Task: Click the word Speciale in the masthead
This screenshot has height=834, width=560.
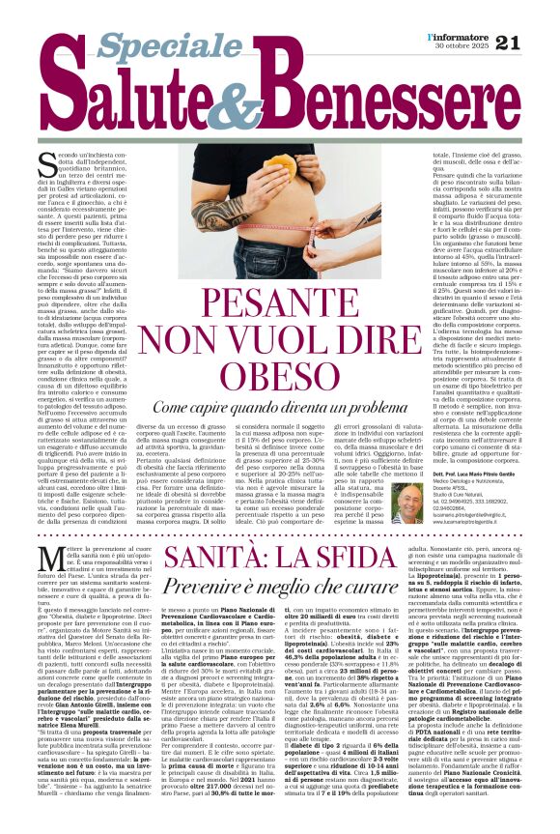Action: click(x=155, y=44)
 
